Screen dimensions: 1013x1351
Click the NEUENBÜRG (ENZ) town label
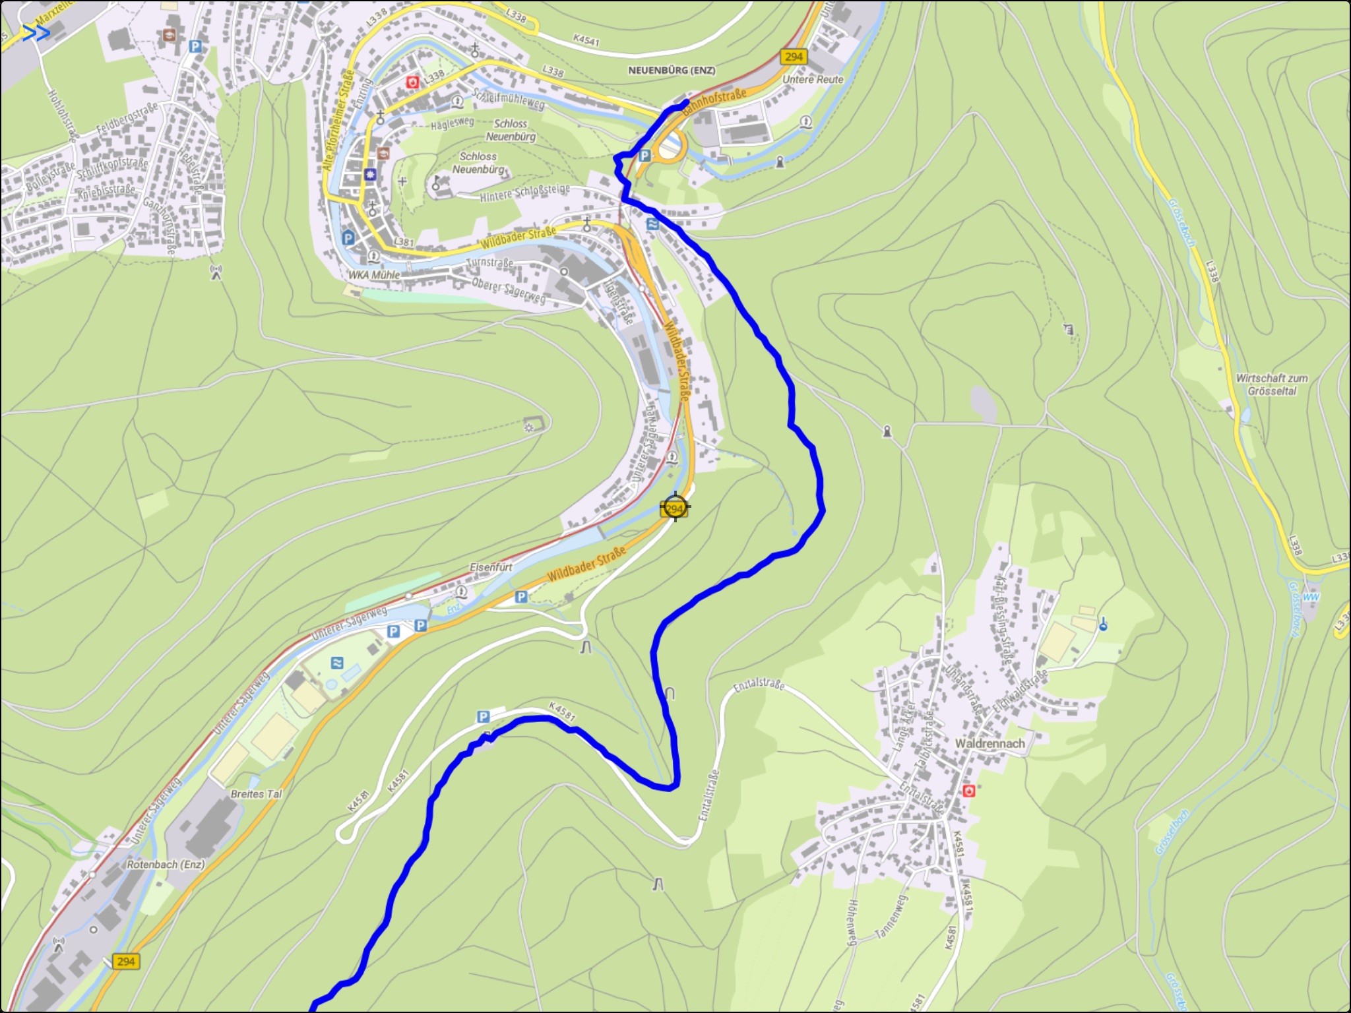tap(671, 70)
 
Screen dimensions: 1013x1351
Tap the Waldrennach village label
tap(990, 743)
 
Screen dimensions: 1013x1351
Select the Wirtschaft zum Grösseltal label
tap(1271, 384)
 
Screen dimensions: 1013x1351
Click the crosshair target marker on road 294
tap(675, 508)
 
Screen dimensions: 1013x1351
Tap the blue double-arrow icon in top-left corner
tap(36, 33)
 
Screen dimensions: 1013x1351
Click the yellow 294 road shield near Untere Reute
tap(794, 57)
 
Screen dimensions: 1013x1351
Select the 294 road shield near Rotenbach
tap(125, 961)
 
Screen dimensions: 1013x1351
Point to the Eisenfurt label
tap(491, 567)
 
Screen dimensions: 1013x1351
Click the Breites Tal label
tap(256, 794)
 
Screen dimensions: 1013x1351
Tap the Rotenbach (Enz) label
tap(166, 864)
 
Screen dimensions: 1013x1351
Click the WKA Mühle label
tap(374, 275)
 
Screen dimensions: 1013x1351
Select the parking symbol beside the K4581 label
tap(483, 717)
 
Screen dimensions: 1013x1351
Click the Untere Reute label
tap(813, 80)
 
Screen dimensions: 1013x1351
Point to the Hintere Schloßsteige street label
tap(524, 193)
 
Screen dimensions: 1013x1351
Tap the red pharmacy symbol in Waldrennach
tap(968, 790)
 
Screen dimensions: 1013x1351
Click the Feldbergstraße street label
tap(127, 118)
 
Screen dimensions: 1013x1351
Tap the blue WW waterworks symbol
tap(1311, 597)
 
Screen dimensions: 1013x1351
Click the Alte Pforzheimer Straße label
tap(337, 122)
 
